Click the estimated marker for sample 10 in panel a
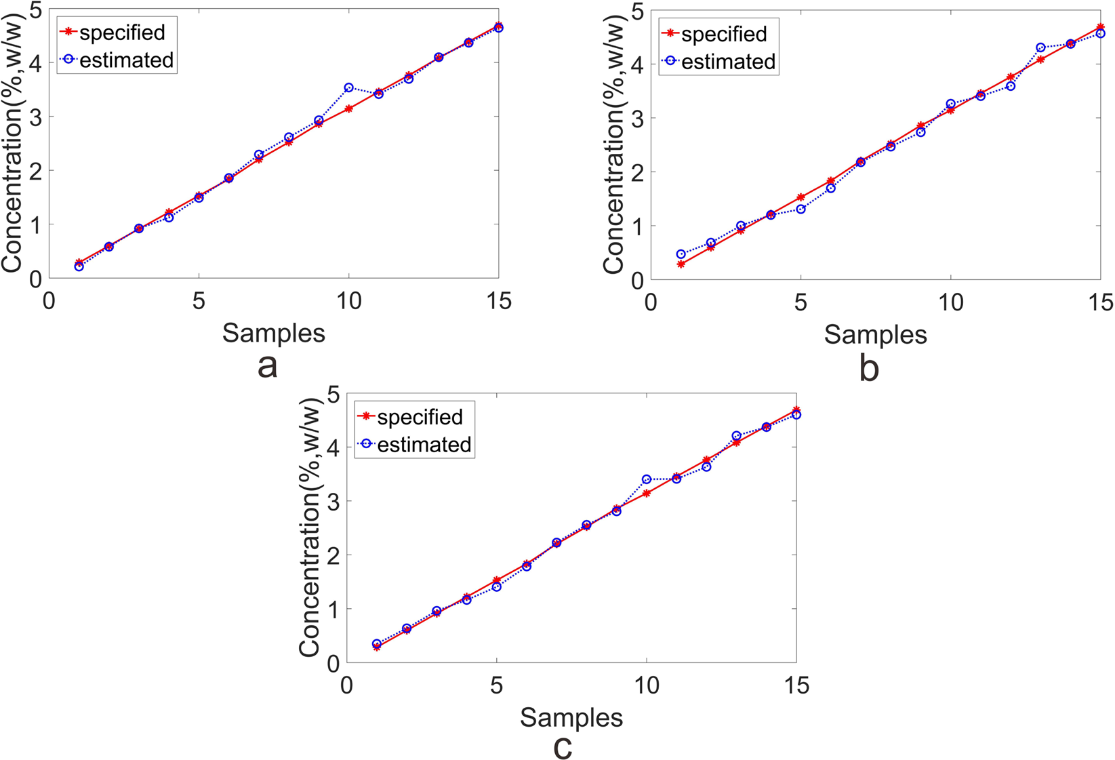[x=348, y=87]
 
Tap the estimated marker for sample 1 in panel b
[x=681, y=254]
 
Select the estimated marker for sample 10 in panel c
[x=647, y=479]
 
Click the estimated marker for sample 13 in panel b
[x=1040, y=47]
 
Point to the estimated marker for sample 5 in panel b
[x=800, y=209]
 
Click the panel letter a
[x=268, y=366]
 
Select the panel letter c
[x=563, y=748]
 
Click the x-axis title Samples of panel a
[x=273, y=333]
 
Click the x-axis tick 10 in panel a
[x=348, y=300]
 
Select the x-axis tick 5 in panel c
[x=497, y=685]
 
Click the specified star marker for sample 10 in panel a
[x=348, y=108]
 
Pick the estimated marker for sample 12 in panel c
[x=706, y=466]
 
